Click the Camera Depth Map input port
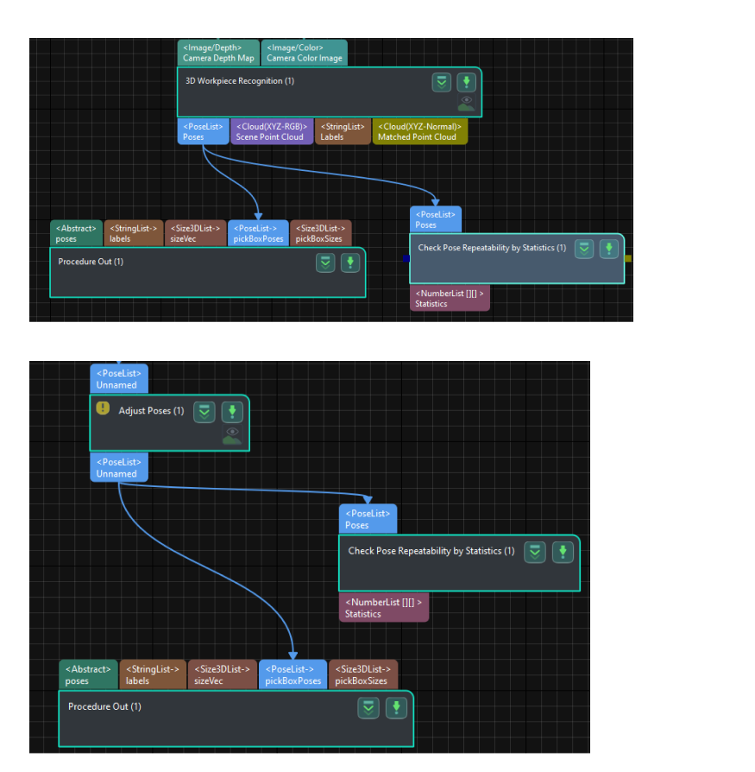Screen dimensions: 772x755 point(218,53)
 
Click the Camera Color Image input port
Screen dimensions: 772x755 point(304,53)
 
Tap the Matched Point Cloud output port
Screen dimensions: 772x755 point(419,131)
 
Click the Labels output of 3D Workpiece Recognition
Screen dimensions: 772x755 point(343,131)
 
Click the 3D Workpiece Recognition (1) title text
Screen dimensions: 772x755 point(240,81)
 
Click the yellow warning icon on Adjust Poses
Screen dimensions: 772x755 point(103,408)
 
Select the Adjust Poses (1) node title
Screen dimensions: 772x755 point(151,411)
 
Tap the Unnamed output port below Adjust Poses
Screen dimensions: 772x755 point(119,468)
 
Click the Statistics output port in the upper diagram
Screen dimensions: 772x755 point(450,298)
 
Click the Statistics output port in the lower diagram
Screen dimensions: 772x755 point(383,608)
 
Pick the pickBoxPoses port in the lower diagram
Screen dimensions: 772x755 point(293,674)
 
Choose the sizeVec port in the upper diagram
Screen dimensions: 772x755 point(196,233)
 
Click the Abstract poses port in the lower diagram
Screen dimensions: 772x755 point(88,674)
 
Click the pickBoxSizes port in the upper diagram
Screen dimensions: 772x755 point(320,233)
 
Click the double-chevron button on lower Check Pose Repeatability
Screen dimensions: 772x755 point(536,552)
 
